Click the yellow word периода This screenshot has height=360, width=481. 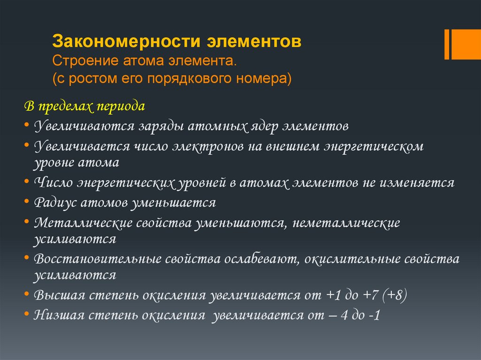tap(120, 106)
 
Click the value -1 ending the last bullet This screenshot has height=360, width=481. tap(375, 315)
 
